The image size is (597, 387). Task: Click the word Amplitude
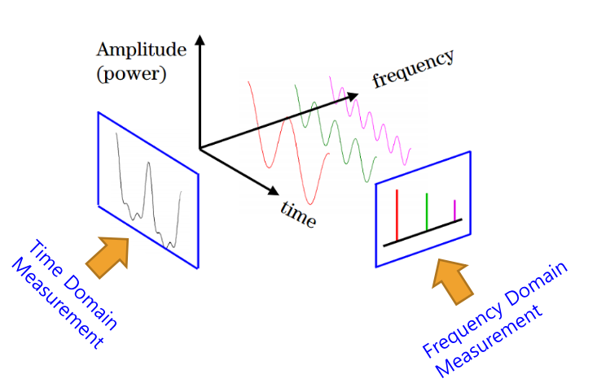click(x=141, y=50)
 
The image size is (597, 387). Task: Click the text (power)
click(x=130, y=75)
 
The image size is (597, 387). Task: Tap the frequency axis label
click(x=412, y=68)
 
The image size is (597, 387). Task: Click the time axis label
click(x=298, y=213)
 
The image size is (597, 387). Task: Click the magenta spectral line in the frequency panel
click(x=454, y=210)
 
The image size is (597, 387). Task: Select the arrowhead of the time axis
click(x=272, y=193)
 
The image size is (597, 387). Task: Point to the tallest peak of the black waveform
click(x=148, y=165)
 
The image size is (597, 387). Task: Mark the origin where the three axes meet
click(x=199, y=148)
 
